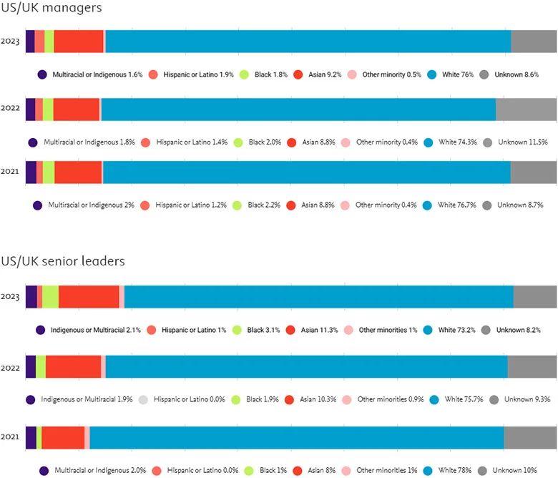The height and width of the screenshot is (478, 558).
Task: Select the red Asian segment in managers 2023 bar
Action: coord(79,42)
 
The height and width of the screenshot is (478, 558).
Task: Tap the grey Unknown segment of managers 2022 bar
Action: coord(526,109)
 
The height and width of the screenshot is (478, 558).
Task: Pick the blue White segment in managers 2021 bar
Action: coord(306,172)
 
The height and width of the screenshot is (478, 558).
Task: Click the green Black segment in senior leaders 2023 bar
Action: coord(50,296)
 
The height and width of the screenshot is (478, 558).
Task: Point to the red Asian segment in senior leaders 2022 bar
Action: coord(73,366)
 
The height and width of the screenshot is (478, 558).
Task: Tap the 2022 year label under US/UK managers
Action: coord(11,109)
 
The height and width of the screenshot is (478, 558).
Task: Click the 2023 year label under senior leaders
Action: coord(11,296)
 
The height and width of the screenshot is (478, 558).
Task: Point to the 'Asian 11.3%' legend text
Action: coord(319,330)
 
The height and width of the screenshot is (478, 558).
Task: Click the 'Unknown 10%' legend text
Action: coord(519,470)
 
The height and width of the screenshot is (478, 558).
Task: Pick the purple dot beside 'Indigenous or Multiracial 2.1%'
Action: coord(41,330)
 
